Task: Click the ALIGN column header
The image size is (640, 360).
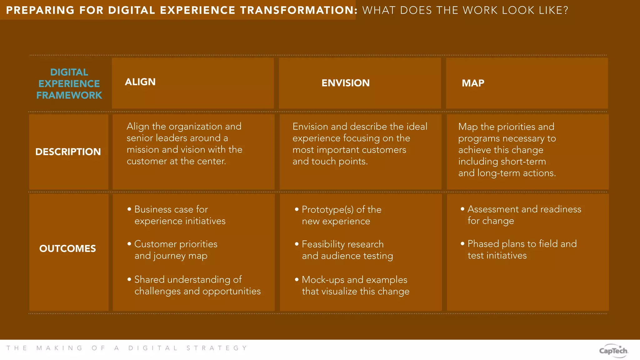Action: pyautogui.click(x=140, y=82)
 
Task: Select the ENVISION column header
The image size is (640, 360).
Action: pyautogui.click(x=345, y=83)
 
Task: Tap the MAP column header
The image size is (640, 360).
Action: pyautogui.click(x=473, y=83)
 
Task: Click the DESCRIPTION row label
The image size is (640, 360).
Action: pyautogui.click(x=68, y=152)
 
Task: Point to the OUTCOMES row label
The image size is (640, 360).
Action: pyautogui.click(x=67, y=248)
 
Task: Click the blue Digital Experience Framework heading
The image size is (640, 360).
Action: pyautogui.click(x=69, y=84)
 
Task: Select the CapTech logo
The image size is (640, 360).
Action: pyautogui.click(x=613, y=350)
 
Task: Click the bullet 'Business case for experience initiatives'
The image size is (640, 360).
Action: pyautogui.click(x=180, y=215)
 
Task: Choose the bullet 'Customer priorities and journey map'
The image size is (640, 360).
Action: pyautogui.click(x=176, y=250)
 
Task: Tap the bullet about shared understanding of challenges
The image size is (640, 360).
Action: pyautogui.click(x=197, y=285)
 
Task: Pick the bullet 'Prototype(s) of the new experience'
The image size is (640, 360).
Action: pyautogui.click(x=341, y=215)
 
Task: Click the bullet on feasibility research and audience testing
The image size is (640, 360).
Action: pyautogui.click(x=347, y=250)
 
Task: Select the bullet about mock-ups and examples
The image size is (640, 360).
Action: pyautogui.click(x=355, y=285)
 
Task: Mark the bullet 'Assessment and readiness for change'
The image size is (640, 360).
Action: pyautogui.click(x=524, y=215)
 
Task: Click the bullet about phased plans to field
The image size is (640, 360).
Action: pyautogui.click(x=522, y=249)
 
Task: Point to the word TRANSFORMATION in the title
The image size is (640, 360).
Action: pyautogui.click(x=298, y=10)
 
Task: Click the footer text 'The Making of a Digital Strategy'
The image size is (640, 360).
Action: pyautogui.click(x=127, y=348)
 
